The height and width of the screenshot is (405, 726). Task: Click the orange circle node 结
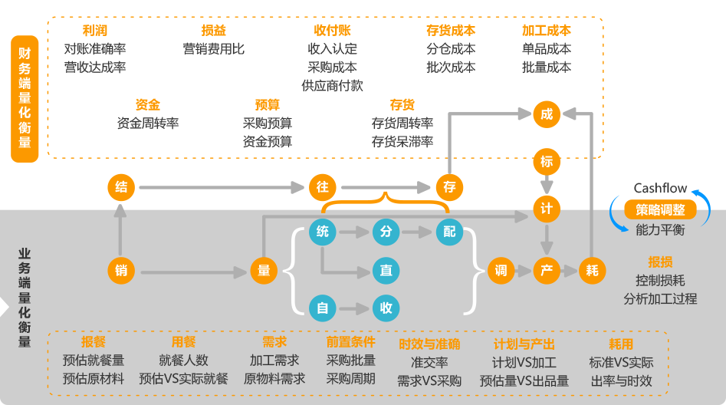coord(120,186)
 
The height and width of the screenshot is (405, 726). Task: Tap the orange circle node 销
coord(120,271)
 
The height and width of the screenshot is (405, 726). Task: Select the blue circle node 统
coord(322,232)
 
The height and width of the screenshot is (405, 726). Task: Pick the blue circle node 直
coord(386,271)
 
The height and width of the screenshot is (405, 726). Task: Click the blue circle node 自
coord(322,308)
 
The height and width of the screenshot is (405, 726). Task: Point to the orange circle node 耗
coord(592,271)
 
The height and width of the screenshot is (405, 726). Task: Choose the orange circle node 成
coord(546,115)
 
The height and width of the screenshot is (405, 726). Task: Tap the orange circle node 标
coord(546,162)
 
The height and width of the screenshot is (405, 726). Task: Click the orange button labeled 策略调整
coord(660,209)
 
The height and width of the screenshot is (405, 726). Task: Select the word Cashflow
coord(660,189)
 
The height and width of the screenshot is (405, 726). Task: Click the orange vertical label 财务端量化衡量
coord(25,98)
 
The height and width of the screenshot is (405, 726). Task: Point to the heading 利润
coord(95,31)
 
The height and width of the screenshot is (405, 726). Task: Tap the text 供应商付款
coord(332,86)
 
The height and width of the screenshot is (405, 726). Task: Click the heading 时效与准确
coord(429,344)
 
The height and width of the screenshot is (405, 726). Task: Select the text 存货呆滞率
coord(402,142)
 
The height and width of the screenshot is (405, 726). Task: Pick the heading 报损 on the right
coord(660,261)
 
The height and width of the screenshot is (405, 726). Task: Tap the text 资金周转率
coord(147,123)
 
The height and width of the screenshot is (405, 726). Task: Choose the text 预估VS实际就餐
coord(183,379)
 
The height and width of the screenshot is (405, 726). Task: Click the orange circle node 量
coord(264,271)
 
